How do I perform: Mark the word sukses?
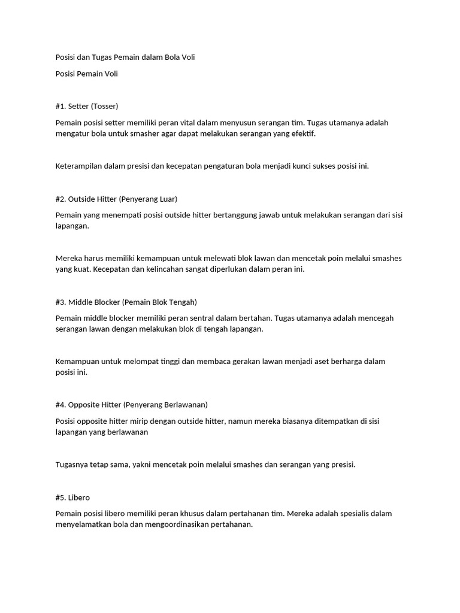[x=323, y=166]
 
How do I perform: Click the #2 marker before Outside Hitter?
[x=60, y=199]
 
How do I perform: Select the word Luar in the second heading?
[x=165, y=199]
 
